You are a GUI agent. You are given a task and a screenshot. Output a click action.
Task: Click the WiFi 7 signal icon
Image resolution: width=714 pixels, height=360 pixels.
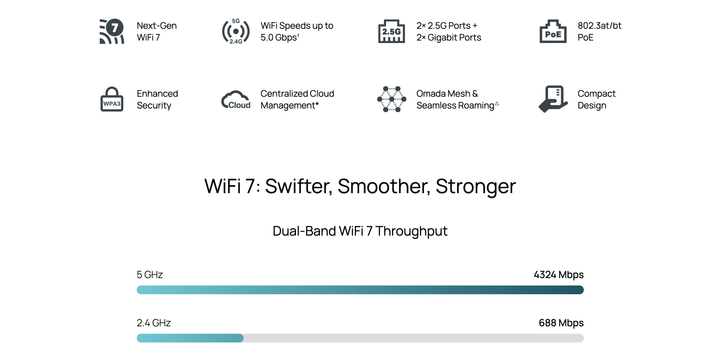112,31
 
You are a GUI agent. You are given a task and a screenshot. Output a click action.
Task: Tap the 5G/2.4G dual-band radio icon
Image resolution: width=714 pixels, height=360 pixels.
236,31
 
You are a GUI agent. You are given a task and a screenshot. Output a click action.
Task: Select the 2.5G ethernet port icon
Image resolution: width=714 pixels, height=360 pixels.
391,31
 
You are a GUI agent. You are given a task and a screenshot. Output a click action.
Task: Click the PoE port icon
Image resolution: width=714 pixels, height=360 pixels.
553,31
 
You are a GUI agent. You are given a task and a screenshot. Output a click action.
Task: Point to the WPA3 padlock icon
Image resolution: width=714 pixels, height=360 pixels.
112,99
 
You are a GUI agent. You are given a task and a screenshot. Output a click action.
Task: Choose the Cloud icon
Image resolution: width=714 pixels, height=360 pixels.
236,100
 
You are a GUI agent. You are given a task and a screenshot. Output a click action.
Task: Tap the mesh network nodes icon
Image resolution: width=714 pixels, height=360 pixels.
391,99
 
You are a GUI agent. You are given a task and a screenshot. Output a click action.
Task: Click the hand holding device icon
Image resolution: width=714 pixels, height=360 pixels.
553,99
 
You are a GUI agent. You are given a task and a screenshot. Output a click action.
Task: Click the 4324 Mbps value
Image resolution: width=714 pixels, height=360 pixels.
558,275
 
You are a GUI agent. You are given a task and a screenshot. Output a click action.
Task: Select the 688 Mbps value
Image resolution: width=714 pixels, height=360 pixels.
561,323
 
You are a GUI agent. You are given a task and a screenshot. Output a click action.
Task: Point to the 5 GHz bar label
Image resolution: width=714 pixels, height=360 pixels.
149,275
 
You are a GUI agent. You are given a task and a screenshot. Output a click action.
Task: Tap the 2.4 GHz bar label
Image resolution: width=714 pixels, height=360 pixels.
153,323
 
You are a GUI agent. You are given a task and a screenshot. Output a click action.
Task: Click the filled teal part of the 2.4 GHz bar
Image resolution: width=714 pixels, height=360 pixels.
190,338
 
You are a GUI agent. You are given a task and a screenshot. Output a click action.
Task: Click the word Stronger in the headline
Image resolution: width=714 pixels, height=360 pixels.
476,186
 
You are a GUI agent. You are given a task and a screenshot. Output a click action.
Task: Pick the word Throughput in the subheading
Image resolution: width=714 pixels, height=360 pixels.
411,231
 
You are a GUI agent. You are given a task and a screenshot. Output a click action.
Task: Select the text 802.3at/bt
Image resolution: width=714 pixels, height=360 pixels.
599,26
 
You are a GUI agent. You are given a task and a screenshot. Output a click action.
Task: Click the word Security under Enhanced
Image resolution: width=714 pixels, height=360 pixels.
154,105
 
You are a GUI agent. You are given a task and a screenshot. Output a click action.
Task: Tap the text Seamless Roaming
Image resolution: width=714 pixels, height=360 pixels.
455,105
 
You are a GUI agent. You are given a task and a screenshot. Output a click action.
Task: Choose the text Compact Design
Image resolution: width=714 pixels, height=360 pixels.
597,100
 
